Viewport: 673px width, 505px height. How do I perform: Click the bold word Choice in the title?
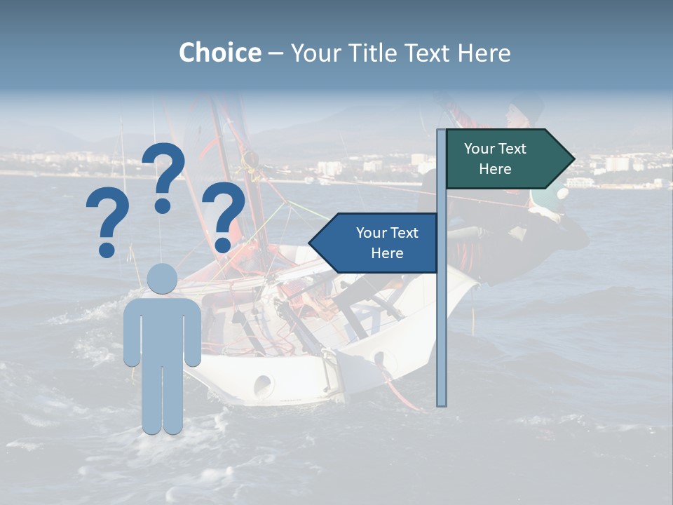[219, 53]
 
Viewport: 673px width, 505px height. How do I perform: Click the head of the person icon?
[162, 278]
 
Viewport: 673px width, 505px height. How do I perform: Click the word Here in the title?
[483, 53]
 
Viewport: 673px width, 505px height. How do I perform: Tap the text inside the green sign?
[495, 159]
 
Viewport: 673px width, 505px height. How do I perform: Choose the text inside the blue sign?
[387, 243]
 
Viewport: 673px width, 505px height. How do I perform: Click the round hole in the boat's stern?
[263, 384]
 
